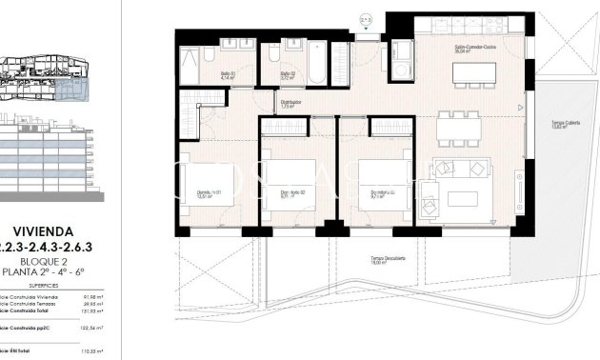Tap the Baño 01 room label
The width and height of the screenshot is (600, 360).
click(x=228, y=75)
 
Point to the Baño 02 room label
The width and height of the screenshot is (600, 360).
click(x=286, y=75)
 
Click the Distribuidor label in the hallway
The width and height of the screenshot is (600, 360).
click(x=290, y=104)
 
